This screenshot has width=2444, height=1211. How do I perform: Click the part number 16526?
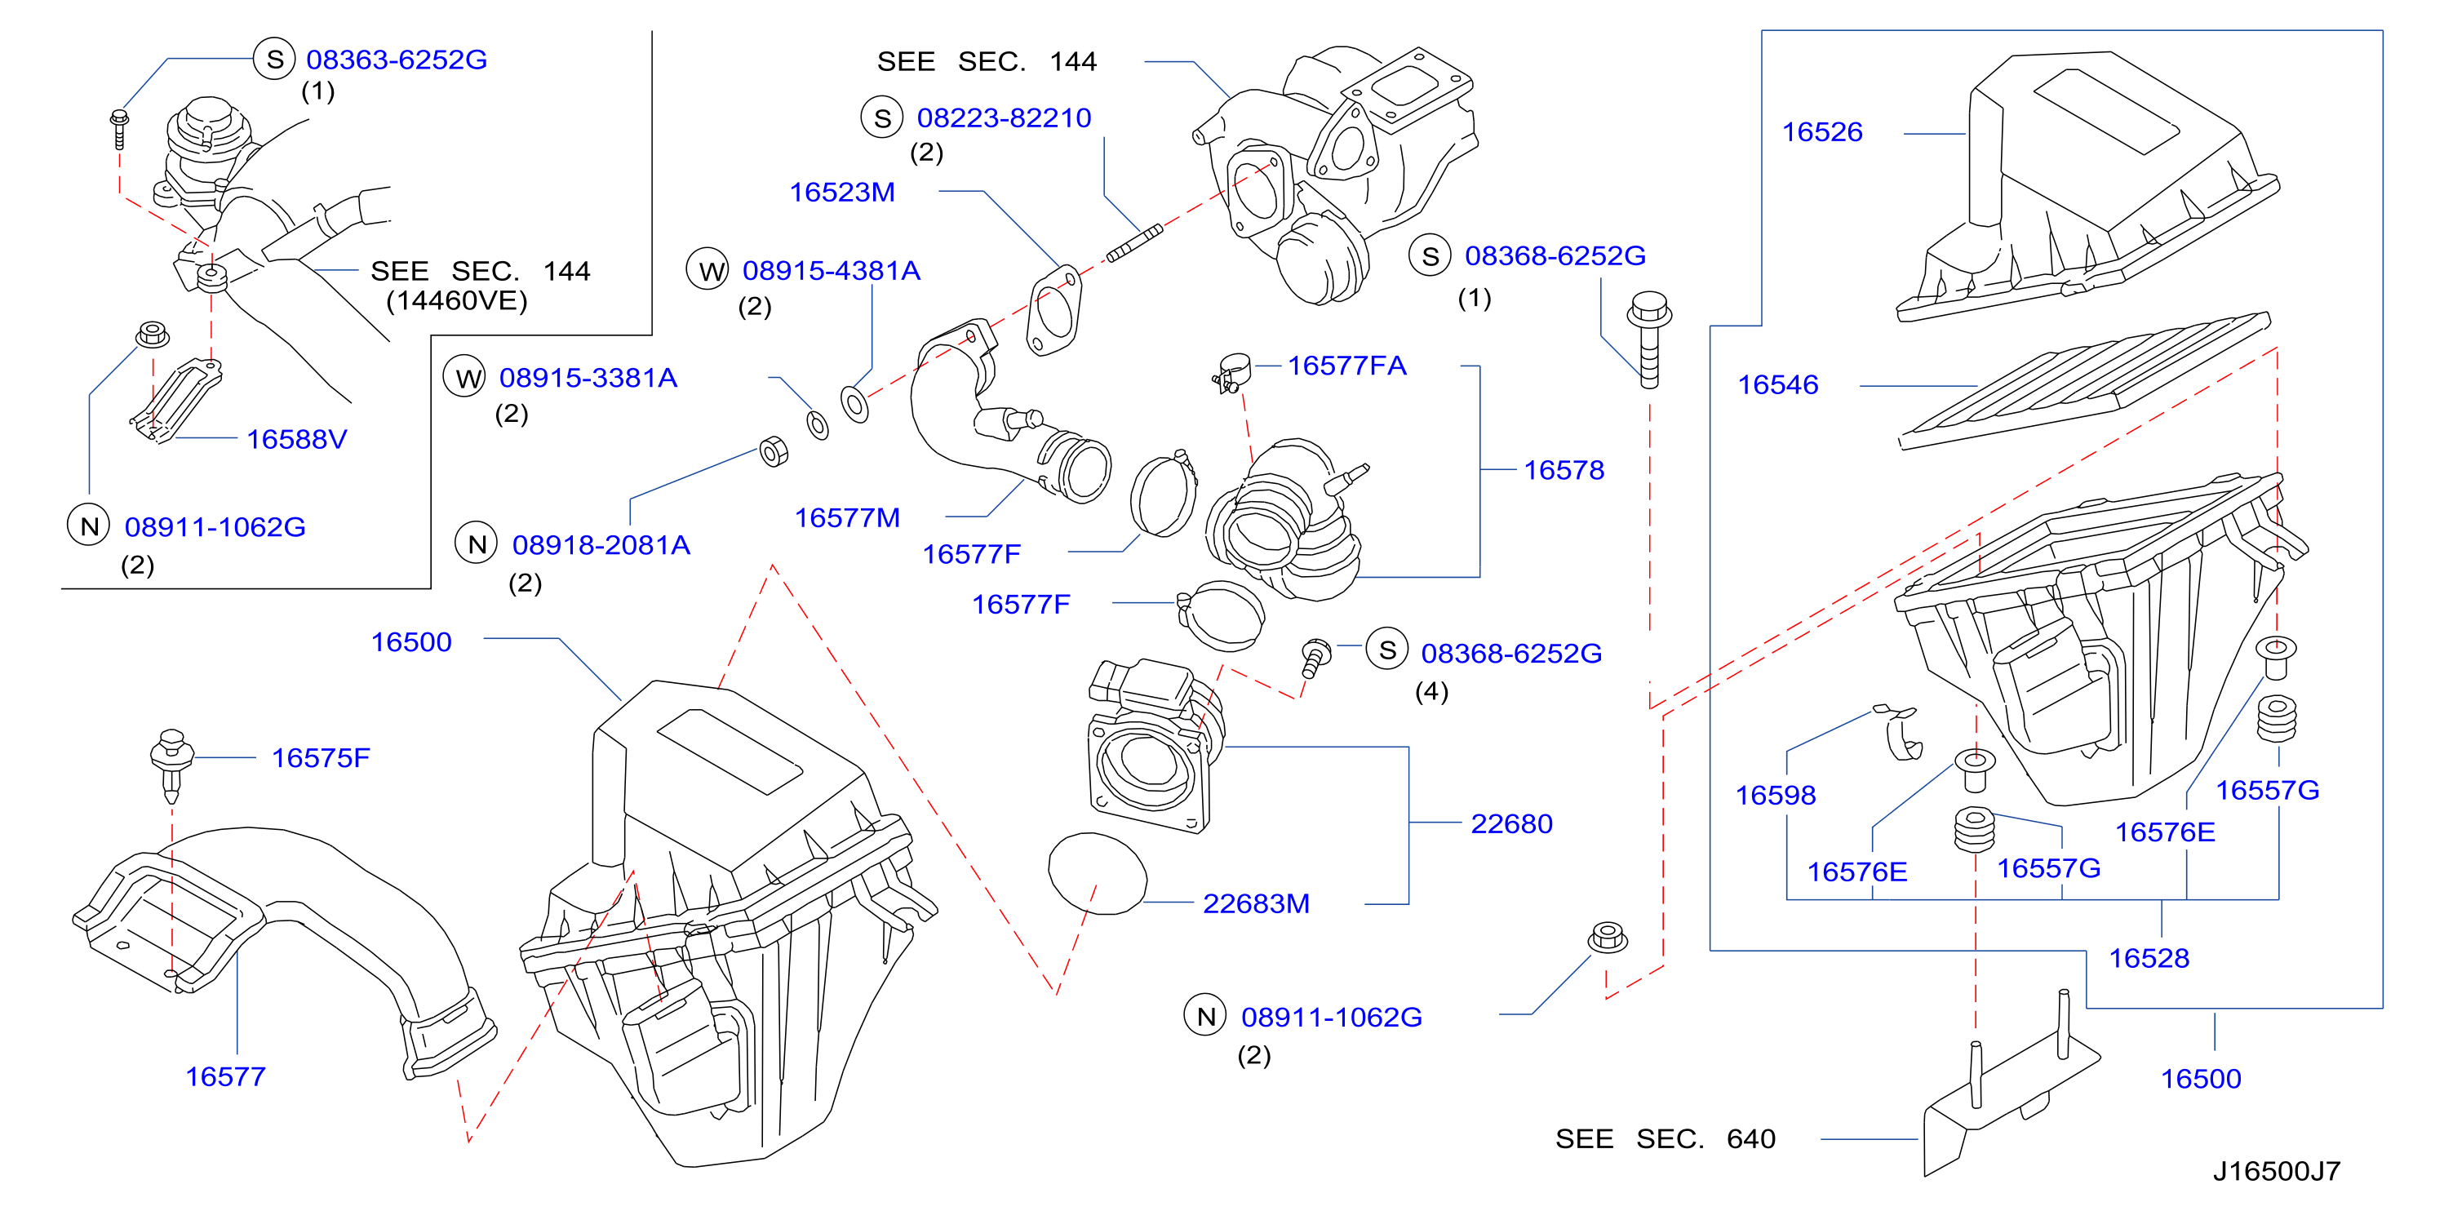click(1821, 132)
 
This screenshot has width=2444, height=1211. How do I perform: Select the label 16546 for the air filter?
click(1777, 384)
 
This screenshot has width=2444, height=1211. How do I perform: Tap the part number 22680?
click(1511, 823)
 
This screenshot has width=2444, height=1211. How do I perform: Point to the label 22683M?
click(1256, 903)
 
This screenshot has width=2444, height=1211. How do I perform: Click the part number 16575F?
click(321, 757)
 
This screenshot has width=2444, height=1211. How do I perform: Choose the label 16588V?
click(297, 439)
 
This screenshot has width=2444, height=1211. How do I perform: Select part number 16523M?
click(842, 193)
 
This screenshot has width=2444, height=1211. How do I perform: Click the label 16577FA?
click(1346, 366)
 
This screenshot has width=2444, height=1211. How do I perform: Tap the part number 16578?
click(1564, 470)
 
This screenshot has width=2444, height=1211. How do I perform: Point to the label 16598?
click(1775, 796)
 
